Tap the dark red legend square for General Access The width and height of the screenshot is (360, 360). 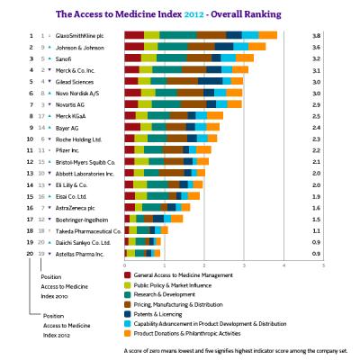pyautogui.click(x=129, y=274)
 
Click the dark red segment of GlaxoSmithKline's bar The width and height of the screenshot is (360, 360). pyautogui.click(x=134, y=34)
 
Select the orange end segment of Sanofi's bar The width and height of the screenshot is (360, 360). pyautogui.click(x=244, y=58)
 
